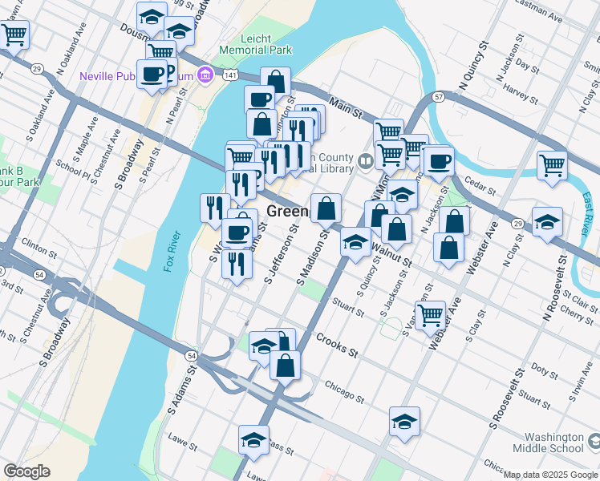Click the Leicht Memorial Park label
266,44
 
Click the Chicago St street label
345,392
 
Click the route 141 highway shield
230,75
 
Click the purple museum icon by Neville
206,75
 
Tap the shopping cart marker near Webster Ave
431,314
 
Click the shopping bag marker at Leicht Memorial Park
275,82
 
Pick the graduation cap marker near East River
547,222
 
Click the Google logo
26,471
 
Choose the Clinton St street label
35,241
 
